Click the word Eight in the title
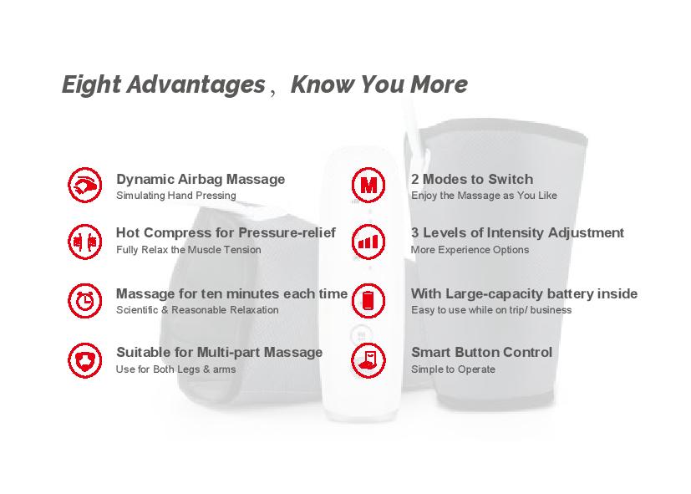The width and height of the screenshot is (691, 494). point(91,85)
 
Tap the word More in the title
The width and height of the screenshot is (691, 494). point(439,84)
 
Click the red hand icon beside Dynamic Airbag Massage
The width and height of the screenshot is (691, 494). point(85,185)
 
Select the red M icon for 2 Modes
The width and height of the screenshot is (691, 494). point(368,185)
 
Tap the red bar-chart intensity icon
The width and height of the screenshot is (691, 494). point(368,242)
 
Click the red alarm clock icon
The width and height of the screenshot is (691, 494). point(85,301)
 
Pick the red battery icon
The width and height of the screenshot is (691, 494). point(368,301)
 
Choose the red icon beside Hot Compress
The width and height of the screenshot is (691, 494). point(85,242)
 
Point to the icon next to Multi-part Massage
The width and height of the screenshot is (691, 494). point(85,360)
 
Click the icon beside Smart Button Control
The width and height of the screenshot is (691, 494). point(368,360)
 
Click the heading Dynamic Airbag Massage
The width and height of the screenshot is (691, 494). point(201,180)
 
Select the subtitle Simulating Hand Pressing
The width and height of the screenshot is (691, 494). point(175,196)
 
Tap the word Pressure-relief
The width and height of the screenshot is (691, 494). point(287,232)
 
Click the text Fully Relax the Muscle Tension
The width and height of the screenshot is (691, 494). point(189,250)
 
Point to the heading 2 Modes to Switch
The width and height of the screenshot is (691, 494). point(472,180)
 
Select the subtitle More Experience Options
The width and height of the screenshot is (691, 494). point(470,250)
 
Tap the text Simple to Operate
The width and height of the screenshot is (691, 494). point(453,369)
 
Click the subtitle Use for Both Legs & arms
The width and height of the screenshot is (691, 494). point(175,369)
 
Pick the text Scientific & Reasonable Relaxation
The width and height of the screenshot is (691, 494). point(197,310)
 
